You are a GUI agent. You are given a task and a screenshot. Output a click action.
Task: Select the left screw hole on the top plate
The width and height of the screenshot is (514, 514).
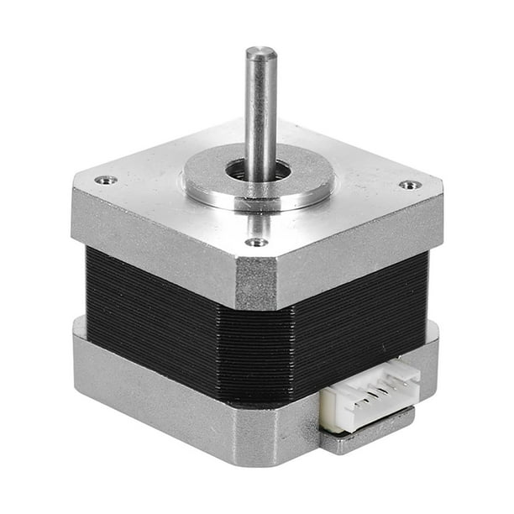coord(105,179)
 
